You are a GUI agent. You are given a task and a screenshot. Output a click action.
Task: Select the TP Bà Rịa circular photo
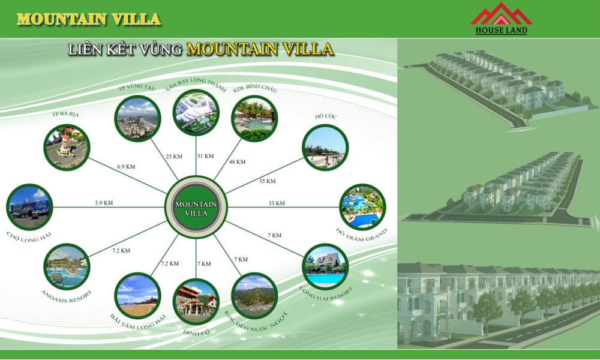tap(67, 147)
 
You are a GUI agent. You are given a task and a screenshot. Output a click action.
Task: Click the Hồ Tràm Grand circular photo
tap(362, 207)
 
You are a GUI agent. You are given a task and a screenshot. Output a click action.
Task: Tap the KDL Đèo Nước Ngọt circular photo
tap(254, 296)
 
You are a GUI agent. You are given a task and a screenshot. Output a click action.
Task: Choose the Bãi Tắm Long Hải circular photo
tap(137, 296)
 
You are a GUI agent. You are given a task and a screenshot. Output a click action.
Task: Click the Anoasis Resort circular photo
tap(67, 266)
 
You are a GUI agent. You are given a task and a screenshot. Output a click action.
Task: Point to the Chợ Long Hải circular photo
tap(29, 207)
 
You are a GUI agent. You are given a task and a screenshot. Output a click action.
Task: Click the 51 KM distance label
tap(205, 156)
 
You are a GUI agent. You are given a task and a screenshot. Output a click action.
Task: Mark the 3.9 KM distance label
tap(104, 203)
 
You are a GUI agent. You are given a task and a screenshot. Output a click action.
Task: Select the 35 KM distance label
tap(267, 181)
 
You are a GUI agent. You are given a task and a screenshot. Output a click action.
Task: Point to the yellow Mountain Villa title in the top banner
tap(89, 19)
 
